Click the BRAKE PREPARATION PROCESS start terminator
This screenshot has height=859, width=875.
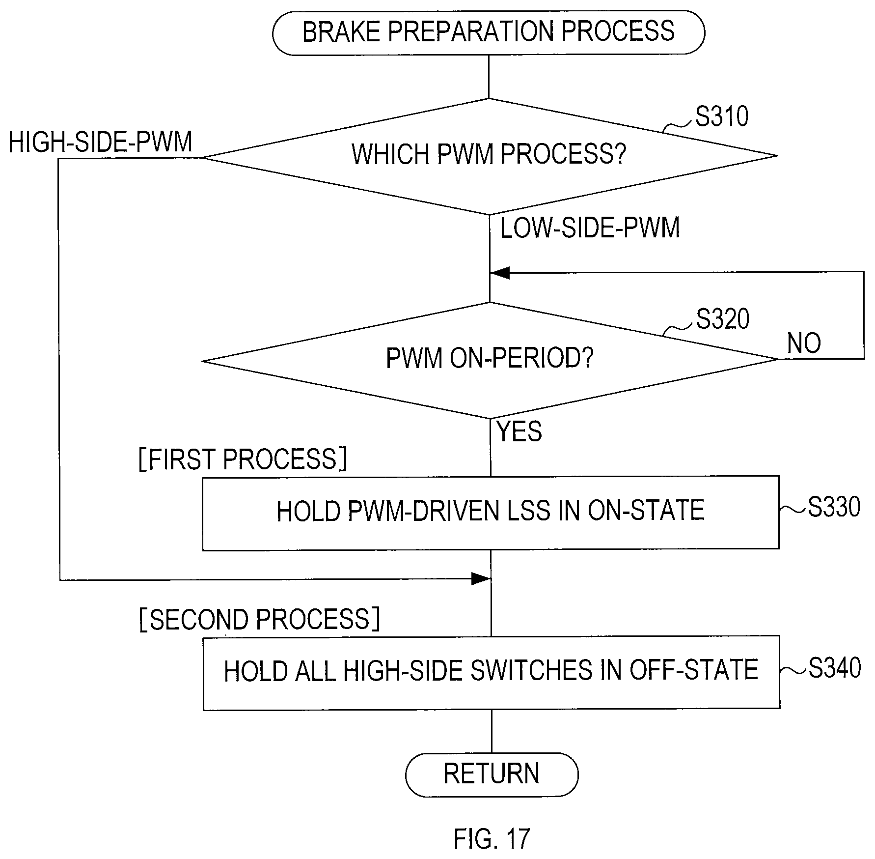(x=489, y=32)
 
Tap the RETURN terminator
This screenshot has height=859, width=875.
(x=492, y=774)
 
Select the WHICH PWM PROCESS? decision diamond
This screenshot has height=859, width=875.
(x=490, y=156)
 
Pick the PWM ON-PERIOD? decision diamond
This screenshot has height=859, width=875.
(x=490, y=360)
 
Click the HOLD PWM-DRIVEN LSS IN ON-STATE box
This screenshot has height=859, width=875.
(x=491, y=513)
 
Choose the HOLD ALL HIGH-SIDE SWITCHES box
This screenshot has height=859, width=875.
(x=491, y=672)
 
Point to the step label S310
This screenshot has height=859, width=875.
(x=722, y=116)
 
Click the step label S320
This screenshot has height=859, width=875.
(x=722, y=319)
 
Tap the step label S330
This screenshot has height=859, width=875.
(x=834, y=507)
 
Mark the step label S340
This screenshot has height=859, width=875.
(x=834, y=668)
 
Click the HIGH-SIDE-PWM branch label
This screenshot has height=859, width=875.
(x=101, y=142)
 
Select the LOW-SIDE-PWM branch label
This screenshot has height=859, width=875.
(x=590, y=228)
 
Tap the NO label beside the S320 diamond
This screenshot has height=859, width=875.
(x=804, y=343)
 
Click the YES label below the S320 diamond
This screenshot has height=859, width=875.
(x=520, y=431)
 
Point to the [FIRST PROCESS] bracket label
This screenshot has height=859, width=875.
(x=243, y=459)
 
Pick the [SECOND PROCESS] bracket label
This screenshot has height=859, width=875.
(x=260, y=619)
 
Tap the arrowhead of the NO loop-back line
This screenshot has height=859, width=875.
(x=499, y=273)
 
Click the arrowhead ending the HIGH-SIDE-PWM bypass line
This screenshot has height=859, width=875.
(x=481, y=579)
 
